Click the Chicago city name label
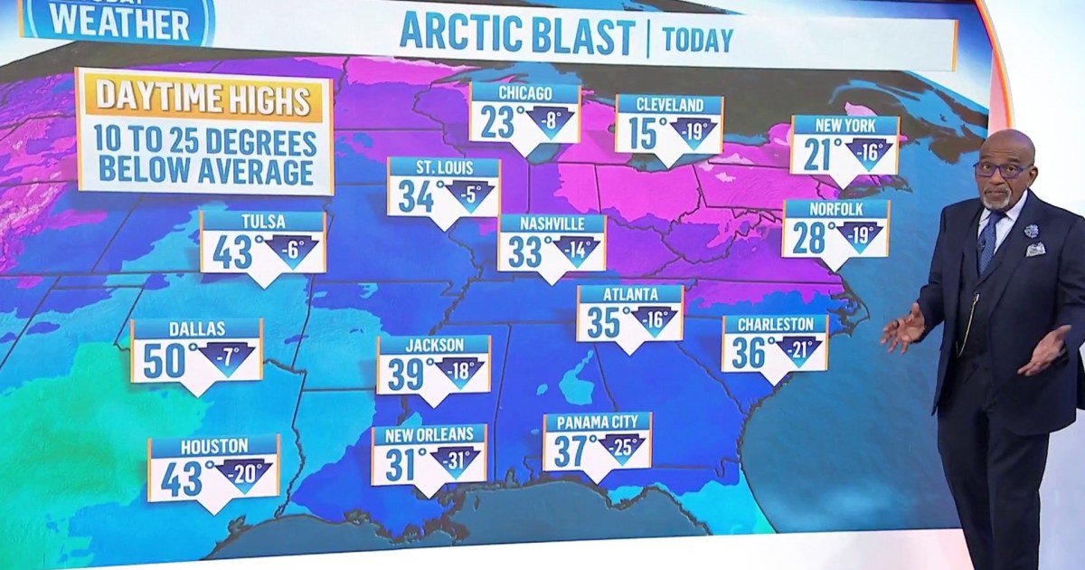click(x=524, y=93)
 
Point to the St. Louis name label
click(x=443, y=167)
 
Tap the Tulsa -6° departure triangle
click(x=297, y=251)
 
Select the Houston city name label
click(x=213, y=446)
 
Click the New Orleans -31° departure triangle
click(x=457, y=460)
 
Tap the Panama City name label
click(x=597, y=423)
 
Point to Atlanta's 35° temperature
click(x=604, y=322)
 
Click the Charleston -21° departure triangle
click(x=798, y=350)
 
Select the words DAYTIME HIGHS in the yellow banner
click(x=204, y=99)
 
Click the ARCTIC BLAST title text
click(x=516, y=34)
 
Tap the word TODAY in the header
click(x=697, y=40)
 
